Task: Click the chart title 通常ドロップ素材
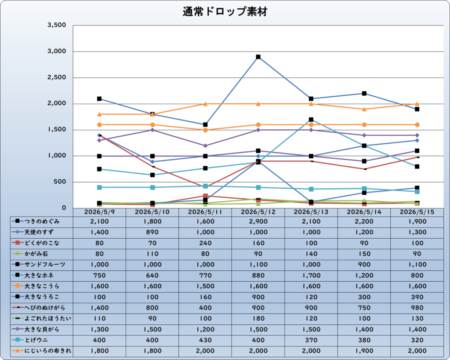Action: click(225, 12)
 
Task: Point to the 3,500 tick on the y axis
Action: click(57, 25)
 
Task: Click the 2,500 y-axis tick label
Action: click(57, 77)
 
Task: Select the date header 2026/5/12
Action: click(258, 212)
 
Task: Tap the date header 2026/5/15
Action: click(417, 212)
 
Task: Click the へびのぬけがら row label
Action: click(45, 308)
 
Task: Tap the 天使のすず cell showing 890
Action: click(152, 232)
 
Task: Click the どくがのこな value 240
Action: click(205, 243)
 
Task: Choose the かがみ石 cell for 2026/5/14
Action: click(364, 254)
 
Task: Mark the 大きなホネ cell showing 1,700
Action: click(311, 275)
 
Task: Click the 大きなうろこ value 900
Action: click(258, 297)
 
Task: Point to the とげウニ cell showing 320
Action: click(417, 340)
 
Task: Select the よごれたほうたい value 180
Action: click(258, 318)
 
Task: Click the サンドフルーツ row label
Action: click(45, 265)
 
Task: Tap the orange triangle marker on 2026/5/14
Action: click(364, 109)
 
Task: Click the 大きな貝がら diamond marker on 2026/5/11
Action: click(205, 145)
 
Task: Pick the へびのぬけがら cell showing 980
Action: click(417, 308)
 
